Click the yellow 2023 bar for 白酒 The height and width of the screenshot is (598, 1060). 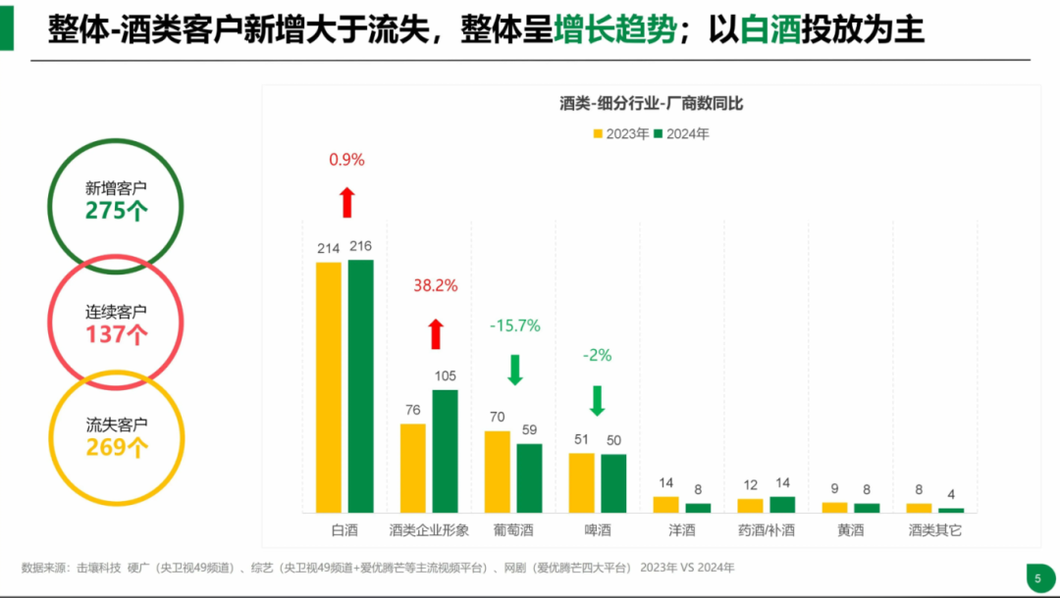pos(328,387)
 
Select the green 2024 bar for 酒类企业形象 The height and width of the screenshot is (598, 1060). pos(445,451)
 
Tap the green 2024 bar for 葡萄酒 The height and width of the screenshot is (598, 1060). pos(529,478)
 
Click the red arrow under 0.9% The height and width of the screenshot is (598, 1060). pos(346,202)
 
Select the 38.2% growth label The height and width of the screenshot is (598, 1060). pos(435,285)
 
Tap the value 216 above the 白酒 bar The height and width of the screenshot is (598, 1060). pos(360,246)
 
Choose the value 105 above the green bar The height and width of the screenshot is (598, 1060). pos(446,376)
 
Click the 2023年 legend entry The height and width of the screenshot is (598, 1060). pos(621,134)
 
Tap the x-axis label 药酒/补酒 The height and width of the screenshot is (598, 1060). pos(766,530)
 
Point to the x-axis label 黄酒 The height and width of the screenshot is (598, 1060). pos(850,530)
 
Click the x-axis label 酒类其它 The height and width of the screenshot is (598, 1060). pos(934,530)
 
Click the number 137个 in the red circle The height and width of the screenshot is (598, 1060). pos(116,334)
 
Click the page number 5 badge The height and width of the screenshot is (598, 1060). pos(1036,577)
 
